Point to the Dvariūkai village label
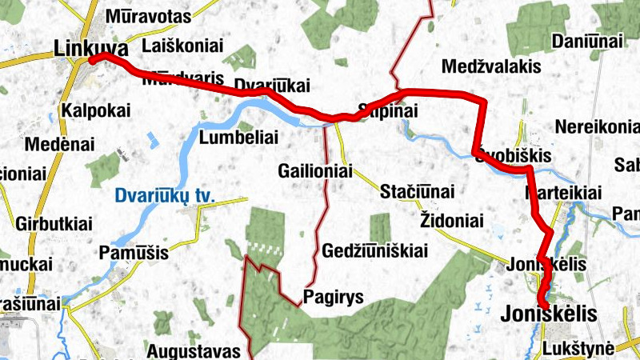(x=271, y=85)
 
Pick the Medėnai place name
(x=60, y=145)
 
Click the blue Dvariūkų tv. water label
(x=170, y=194)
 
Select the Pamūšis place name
(x=134, y=253)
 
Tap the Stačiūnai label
(x=417, y=192)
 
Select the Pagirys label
(x=334, y=298)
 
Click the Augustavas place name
(x=194, y=350)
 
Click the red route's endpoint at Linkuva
(x=93, y=59)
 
